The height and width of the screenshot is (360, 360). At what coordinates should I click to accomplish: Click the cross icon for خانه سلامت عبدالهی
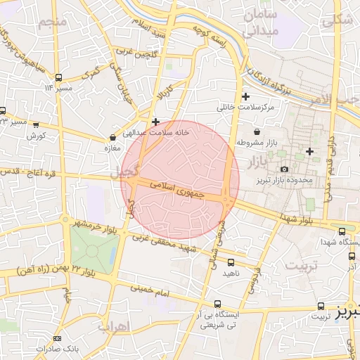156,122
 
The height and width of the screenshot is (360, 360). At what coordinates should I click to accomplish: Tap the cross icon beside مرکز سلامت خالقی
245,96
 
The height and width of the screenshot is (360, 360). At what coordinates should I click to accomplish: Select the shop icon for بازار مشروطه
256,131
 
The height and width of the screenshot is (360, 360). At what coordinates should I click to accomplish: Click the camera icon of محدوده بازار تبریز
284,169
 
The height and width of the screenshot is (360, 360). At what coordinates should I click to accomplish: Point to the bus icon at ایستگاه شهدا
342,231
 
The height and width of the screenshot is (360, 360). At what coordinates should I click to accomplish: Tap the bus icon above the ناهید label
231,262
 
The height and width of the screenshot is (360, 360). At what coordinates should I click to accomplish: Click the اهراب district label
114,327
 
